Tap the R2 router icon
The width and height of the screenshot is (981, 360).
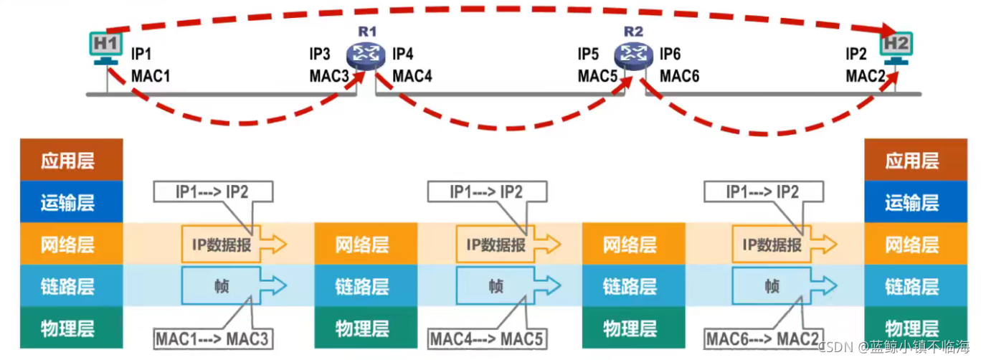coord(632,53)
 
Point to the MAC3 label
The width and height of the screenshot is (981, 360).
coord(329,75)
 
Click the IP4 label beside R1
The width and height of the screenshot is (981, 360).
coord(403,55)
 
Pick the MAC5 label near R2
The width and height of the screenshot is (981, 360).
coord(597,75)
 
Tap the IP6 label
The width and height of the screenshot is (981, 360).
coord(670,55)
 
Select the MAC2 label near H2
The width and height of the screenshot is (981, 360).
coord(865,75)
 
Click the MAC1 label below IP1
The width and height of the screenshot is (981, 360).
coord(151,75)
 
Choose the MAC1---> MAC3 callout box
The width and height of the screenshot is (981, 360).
coord(212,338)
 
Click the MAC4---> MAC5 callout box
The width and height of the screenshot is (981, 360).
coord(487,338)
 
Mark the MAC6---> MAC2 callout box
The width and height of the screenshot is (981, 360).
coord(762,338)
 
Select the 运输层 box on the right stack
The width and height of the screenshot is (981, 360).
coord(911,202)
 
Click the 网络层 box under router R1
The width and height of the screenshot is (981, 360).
coord(362,245)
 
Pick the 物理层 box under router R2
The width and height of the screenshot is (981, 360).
coord(630,328)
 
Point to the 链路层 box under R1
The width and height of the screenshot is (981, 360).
coord(362,286)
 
